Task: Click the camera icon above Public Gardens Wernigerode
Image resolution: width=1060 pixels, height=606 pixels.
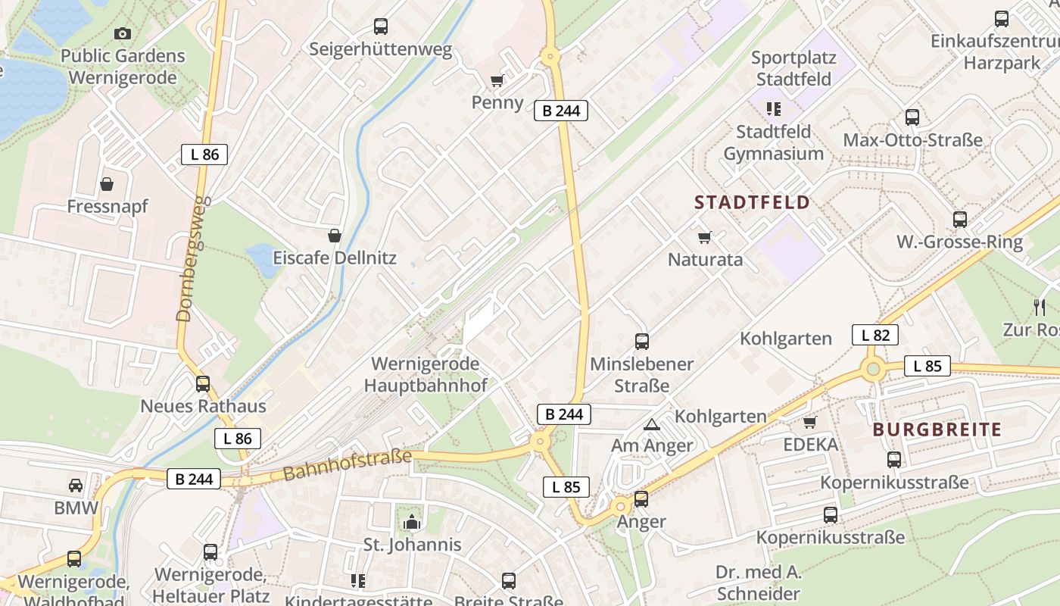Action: tap(122, 33)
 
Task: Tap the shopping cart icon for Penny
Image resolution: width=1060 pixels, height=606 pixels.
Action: tap(497, 80)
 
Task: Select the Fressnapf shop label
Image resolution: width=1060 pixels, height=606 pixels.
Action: tap(108, 206)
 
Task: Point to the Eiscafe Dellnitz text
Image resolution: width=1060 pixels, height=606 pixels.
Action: tap(335, 258)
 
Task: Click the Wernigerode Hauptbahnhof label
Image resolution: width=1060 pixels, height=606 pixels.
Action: tap(425, 374)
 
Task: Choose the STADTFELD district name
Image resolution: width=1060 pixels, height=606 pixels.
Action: tap(752, 202)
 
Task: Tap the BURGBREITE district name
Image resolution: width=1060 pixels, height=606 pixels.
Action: tap(937, 430)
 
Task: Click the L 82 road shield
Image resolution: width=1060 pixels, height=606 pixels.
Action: tap(875, 335)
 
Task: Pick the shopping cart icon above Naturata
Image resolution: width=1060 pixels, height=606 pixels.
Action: tap(705, 238)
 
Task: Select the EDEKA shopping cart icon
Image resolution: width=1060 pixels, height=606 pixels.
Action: tap(810, 422)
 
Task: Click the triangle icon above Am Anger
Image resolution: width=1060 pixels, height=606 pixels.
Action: tap(651, 424)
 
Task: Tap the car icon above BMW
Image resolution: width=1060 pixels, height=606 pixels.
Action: tap(76, 486)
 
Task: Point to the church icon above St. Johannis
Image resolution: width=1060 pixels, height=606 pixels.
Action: tap(412, 522)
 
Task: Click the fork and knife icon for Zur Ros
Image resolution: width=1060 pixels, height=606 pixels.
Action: tap(1040, 307)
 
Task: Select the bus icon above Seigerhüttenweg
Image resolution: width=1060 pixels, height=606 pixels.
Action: tap(381, 27)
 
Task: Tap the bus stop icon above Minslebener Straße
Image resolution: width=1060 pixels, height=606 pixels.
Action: tap(642, 342)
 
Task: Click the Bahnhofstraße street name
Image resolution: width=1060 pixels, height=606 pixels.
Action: tap(348, 465)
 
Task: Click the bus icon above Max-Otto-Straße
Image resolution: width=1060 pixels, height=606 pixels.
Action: tap(912, 117)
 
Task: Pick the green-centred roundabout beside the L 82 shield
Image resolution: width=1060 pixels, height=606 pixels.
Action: tap(873, 369)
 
